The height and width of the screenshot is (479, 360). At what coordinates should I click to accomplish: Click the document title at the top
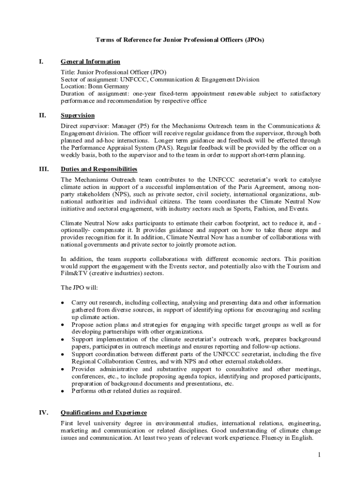180,40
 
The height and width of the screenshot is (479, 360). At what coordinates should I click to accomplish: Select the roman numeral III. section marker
42,169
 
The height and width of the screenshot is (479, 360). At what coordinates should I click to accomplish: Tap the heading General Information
90,62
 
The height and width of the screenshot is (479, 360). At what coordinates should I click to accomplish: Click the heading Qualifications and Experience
104,413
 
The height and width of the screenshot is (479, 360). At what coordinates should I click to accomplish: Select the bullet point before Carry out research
63,303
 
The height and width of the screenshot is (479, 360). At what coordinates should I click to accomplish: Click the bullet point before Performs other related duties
63,391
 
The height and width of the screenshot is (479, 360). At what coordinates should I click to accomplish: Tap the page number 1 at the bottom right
318,455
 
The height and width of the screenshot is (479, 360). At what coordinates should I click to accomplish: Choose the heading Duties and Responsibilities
99,169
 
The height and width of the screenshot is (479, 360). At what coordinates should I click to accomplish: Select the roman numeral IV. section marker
42,413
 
